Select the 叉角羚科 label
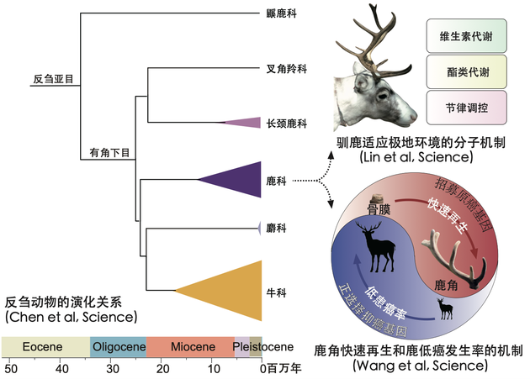(x=284, y=70)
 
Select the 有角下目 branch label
(x=110, y=153)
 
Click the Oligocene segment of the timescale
(x=118, y=347)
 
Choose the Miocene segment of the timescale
(x=190, y=347)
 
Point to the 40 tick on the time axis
(x=61, y=368)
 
